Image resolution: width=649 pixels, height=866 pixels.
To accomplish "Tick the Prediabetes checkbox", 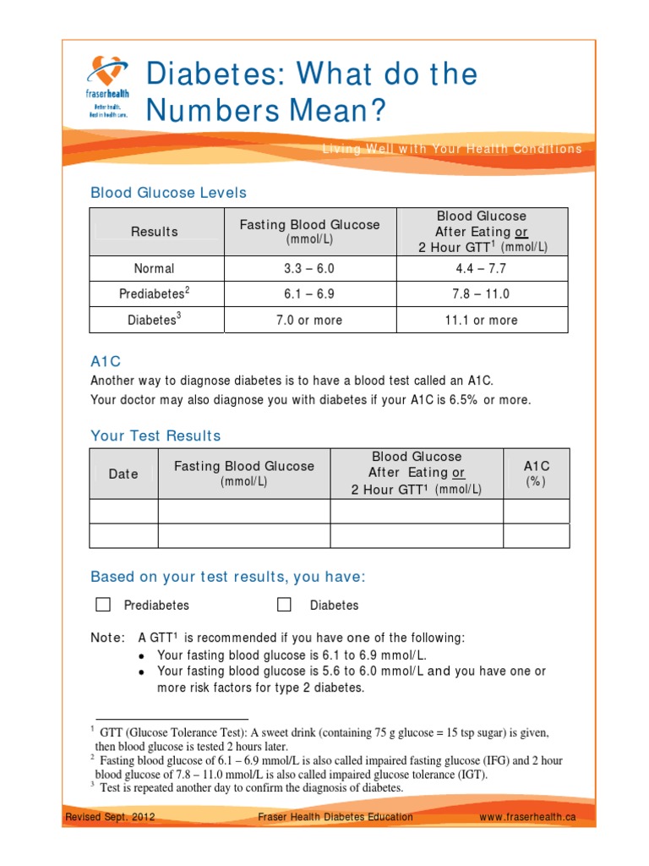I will [103, 605].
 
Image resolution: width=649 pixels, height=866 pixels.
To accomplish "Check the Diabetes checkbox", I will [285, 605].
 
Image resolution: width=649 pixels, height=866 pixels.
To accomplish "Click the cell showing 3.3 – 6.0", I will [309, 269].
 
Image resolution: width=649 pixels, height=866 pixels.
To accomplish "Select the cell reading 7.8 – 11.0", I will [482, 294].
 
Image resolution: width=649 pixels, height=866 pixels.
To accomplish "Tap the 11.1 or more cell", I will [482, 321].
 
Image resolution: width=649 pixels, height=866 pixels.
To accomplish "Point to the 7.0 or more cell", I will [309, 321].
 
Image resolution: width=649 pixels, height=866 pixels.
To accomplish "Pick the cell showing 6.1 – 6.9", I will [309, 294].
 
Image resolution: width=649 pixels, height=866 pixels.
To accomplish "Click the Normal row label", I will [155, 269].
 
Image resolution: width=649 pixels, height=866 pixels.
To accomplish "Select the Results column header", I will [155, 232].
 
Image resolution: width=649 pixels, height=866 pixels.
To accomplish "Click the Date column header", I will [123, 474].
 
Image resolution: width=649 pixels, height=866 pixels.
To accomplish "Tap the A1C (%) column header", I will [537, 474].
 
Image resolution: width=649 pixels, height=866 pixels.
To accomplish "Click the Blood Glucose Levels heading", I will [169, 193].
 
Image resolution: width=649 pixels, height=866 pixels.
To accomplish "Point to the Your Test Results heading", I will [155, 436].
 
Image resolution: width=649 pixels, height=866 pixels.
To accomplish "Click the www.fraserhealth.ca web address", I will [527, 817].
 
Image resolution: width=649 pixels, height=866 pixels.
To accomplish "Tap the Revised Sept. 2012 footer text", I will [110, 817].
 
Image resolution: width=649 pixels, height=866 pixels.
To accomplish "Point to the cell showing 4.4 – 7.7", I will [482, 269].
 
